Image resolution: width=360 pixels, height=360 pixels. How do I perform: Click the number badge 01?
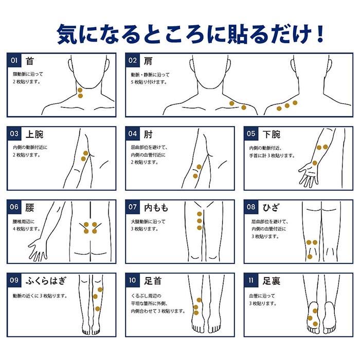[x=14, y=60]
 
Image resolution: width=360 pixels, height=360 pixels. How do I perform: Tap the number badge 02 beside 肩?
[x=133, y=60]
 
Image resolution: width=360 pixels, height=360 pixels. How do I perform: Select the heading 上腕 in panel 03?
[x=34, y=134]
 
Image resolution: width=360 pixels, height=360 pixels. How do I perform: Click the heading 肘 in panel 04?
[x=148, y=134]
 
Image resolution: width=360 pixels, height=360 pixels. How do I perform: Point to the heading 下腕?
[x=272, y=134]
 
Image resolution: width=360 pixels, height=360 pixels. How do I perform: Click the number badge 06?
[x=14, y=207]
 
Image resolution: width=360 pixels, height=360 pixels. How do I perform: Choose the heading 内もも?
[x=156, y=208]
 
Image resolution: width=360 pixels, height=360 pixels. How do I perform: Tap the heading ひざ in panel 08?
[x=271, y=208]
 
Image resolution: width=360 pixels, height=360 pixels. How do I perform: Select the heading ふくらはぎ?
[x=46, y=281]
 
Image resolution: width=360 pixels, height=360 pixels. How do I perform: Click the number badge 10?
[x=133, y=280]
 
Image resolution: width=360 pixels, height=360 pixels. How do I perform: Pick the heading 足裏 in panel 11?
[x=272, y=281]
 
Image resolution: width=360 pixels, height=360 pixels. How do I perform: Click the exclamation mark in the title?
[x=319, y=34]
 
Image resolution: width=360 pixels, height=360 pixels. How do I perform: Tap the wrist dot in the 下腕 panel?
[x=315, y=163]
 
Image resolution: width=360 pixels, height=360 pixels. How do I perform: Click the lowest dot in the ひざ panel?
[x=310, y=257]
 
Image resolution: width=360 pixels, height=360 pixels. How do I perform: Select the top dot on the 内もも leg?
[x=200, y=214]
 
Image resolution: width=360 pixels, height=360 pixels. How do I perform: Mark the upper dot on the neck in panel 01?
[x=80, y=90]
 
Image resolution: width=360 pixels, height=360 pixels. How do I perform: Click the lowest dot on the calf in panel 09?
[x=98, y=309]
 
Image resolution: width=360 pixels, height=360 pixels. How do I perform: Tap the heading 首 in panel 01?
[x=30, y=61]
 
